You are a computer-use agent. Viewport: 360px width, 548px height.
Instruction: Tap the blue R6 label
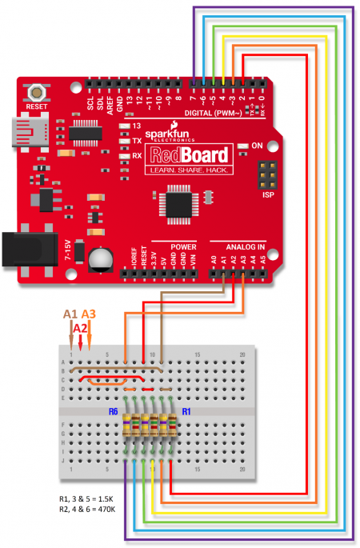point(114,411)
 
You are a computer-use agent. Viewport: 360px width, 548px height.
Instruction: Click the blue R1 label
point(186,411)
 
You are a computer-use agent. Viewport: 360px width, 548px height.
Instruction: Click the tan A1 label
point(70,314)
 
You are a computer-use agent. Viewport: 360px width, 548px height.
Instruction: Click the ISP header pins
point(267,174)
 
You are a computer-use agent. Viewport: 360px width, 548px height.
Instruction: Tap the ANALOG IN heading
point(238,246)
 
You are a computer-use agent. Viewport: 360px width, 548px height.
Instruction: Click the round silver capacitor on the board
point(102,259)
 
